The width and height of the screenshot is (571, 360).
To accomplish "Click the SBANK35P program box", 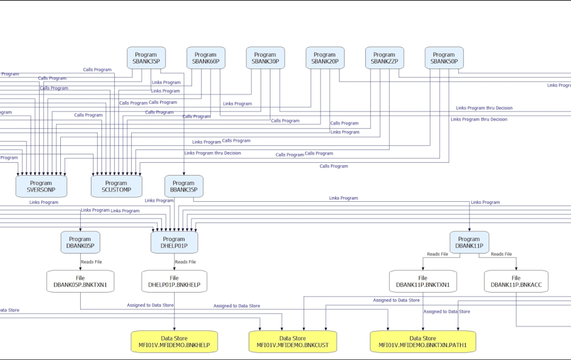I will coord(146,58).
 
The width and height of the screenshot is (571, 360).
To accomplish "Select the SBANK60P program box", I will coord(206,58).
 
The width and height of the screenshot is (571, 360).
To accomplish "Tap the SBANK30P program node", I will coord(265,58).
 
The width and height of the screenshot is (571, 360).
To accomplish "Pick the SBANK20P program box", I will coord(325,58).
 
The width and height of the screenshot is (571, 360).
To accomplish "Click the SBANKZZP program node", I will coord(384,58).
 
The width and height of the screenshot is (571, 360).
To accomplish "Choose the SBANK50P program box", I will coord(444,58).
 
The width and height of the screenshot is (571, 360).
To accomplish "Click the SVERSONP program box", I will coord(41,186).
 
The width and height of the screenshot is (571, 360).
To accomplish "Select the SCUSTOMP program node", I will coord(116,186).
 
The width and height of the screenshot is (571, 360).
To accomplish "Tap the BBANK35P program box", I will coord(183,186).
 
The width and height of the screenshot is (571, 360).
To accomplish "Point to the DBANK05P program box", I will coord(80,242).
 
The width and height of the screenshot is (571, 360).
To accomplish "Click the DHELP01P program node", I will coord(174,242).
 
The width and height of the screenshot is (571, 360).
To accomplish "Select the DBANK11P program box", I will coord(469,242).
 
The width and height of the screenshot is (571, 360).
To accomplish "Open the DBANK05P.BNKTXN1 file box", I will coord(80,281).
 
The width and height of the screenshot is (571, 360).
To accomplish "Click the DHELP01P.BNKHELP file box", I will coord(174,281).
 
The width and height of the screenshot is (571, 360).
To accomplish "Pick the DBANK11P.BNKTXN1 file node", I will coord(423,281).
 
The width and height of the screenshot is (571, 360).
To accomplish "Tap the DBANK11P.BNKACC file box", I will coord(516,281).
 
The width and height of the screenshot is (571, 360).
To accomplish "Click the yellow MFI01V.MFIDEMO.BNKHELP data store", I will coord(174,342).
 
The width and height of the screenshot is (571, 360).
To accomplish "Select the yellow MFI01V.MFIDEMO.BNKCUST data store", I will coord(292,342).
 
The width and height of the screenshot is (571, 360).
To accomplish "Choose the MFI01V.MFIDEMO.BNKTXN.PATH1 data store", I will coord(423,342).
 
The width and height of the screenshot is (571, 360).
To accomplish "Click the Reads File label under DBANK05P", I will coord(91,262).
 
